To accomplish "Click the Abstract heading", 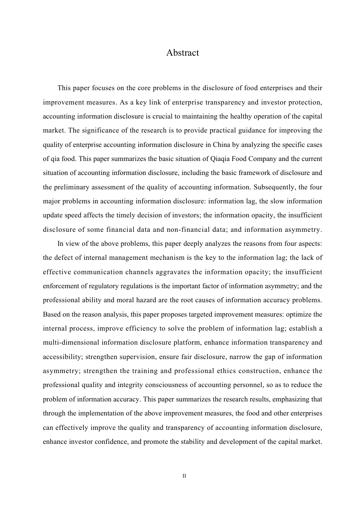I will pos(182,53).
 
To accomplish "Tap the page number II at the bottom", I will pos(184,476).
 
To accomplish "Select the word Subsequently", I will pos(271,187).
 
